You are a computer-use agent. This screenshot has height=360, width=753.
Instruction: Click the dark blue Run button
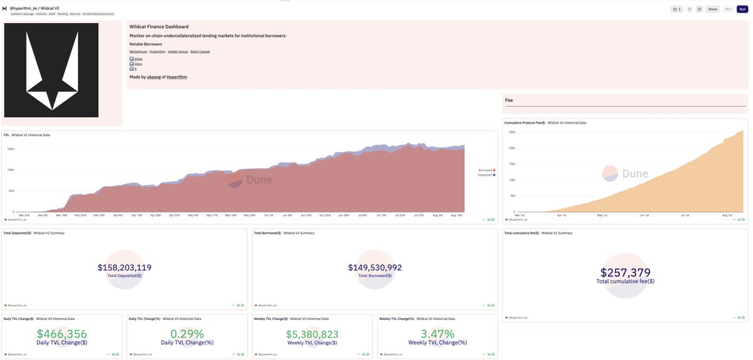point(742,9)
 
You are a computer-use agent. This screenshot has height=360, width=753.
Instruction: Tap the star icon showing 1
point(676,9)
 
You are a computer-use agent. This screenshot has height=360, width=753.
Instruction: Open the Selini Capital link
point(200,51)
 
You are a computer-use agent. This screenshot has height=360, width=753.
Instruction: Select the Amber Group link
point(178,51)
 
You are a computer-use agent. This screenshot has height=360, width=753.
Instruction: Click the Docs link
point(137,63)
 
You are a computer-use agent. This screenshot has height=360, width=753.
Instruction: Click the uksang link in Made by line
point(154,77)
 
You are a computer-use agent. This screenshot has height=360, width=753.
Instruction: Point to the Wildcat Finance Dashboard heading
point(159,27)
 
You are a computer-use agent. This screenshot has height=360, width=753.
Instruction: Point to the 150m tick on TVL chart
point(11,149)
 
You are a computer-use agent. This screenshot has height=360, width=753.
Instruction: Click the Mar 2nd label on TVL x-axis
point(24,215)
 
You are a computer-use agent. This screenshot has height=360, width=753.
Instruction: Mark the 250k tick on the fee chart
point(511,132)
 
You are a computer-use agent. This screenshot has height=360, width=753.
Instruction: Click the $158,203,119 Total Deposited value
point(124,267)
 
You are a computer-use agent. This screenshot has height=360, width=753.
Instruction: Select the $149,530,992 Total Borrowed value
point(375,267)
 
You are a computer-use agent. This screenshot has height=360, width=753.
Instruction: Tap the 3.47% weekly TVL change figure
point(437,334)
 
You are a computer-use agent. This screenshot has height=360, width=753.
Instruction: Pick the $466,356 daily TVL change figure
point(61,334)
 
